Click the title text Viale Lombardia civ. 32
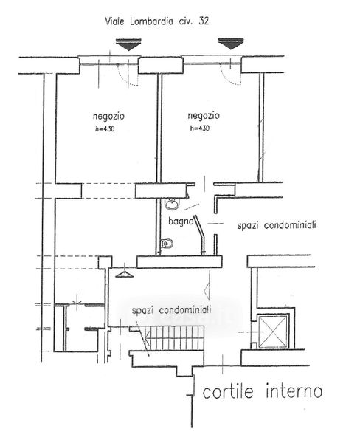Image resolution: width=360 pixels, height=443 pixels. (157, 21)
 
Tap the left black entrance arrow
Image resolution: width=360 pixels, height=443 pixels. (128, 44)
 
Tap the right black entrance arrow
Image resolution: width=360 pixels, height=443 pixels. (231, 44)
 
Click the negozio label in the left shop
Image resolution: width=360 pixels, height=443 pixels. (108, 117)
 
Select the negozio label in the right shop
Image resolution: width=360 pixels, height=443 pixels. (204, 116)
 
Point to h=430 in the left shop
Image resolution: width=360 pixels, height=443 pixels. (105, 129)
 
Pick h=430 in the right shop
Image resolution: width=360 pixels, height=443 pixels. (200, 128)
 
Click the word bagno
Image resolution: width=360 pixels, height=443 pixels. (181, 221)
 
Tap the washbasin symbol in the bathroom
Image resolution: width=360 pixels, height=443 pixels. (171, 204)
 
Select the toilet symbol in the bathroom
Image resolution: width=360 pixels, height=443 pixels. (167, 243)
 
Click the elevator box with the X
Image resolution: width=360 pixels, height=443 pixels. (273, 332)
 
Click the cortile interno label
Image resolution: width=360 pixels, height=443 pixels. (263, 391)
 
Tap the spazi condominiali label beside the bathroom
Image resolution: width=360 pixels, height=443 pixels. (277, 225)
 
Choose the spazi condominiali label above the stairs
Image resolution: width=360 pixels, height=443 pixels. (172, 310)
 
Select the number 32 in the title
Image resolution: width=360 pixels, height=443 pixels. (204, 21)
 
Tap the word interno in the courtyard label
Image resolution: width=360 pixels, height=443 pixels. (294, 391)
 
